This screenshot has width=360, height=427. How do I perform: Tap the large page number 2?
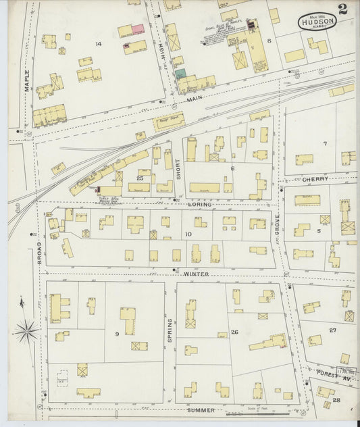[343, 9]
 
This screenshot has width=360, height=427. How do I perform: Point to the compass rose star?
[26, 330]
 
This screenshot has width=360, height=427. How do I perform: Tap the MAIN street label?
[195, 99]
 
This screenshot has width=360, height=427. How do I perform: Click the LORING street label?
[200, 203]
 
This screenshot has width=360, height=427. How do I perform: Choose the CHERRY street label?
[315, 179]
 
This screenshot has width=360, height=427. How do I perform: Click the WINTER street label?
[195, 274]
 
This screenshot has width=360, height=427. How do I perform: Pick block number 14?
[98, 44]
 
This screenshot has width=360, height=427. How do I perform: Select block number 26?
[234, 332]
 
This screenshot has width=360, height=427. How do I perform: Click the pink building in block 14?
[138, 29]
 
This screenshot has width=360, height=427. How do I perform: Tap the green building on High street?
[180, 74]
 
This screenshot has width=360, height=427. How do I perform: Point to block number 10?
[188, 234]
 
